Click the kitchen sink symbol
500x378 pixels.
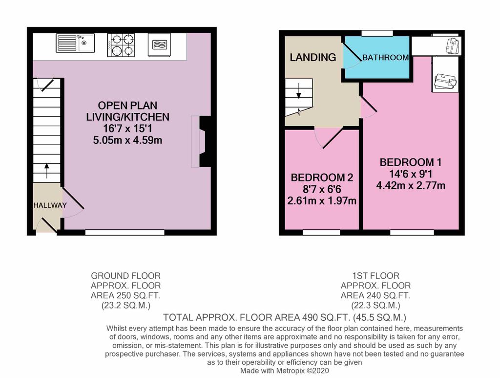[x=75, y=43]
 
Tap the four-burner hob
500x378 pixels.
[x=121, y=45]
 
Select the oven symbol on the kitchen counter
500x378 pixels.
[x=159, y=44]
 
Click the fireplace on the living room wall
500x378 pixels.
[x=201, y=141]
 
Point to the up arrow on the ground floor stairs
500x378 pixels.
[x=47, y=171]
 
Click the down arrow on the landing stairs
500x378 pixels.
[x=299, y=90]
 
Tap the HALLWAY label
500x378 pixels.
[x=50, y=205]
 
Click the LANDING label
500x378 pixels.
[x=313, y=57]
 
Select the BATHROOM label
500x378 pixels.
[x=386, y=58]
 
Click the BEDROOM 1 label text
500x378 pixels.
[x=411, y=162]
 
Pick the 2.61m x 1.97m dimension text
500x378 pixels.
[x=322, y=201]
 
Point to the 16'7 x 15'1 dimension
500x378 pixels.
[x=127, y=128]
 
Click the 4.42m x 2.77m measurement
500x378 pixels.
[x=411, y=185]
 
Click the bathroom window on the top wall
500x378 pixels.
[x=377, y=33]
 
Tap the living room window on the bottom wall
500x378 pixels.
[x=125, y=233]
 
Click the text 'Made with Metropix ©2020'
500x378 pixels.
[x=285, y=371]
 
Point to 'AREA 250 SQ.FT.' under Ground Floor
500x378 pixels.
[x=125, y=295]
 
